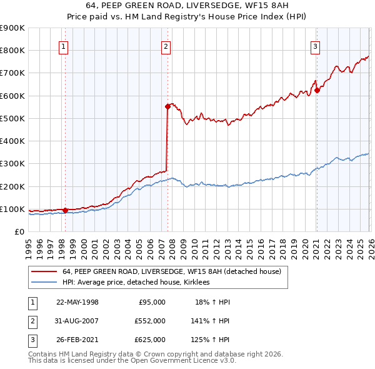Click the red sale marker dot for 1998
(x=65, y=210)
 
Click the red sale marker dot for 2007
(x=167, y=107)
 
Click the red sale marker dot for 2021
(x=317, y=90)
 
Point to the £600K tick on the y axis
(x=12, y=96)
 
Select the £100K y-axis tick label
(x=12, y=209)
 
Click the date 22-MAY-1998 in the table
(x=77, y=302)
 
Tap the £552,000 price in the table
(x=150, y=321)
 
